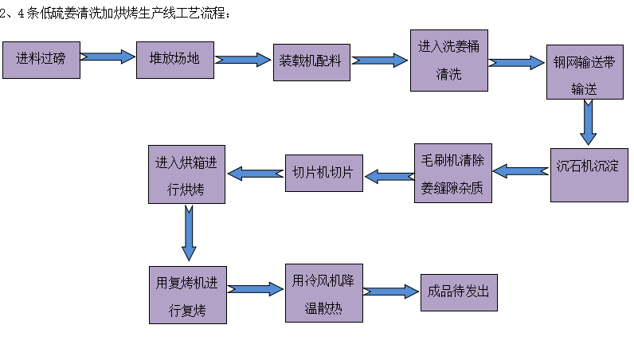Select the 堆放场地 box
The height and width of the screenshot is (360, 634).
[x=175, y=57]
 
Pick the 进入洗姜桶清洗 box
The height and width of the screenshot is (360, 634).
[x=449, y=61]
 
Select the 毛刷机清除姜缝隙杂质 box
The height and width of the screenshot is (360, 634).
[x=452, y=173]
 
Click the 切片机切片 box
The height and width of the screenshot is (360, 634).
[x=323, y=173]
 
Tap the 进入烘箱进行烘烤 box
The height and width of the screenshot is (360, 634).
[x=186, y=174]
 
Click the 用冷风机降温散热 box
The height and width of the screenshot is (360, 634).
[x=323, y=292]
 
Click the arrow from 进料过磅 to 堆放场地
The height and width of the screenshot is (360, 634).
[x=108, y=57]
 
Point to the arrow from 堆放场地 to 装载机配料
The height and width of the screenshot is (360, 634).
[x=243, y=60]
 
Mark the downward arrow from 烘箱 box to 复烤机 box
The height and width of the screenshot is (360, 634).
[x=189, y=233]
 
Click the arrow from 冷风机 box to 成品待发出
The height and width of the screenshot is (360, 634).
[x=391, y=291]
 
